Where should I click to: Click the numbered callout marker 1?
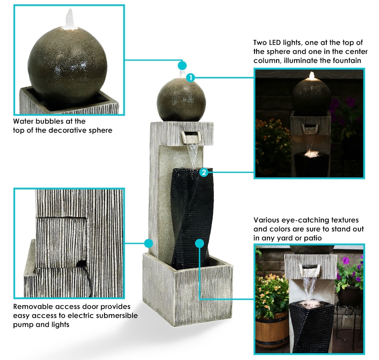(x=191, y=78)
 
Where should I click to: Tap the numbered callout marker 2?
(x=204, y=172)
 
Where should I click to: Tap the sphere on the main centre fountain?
(x=181, y=100)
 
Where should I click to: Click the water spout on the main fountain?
(x=190, y=137)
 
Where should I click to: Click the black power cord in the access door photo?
(x=87, y=278)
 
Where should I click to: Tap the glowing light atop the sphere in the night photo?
(x=312, y=75)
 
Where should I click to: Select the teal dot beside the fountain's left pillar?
(x=148, y=243)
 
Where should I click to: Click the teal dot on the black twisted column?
(x=199, y=243)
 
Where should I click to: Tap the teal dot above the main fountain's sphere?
(x=182, y=65)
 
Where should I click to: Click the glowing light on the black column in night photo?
(x=312, y=153)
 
